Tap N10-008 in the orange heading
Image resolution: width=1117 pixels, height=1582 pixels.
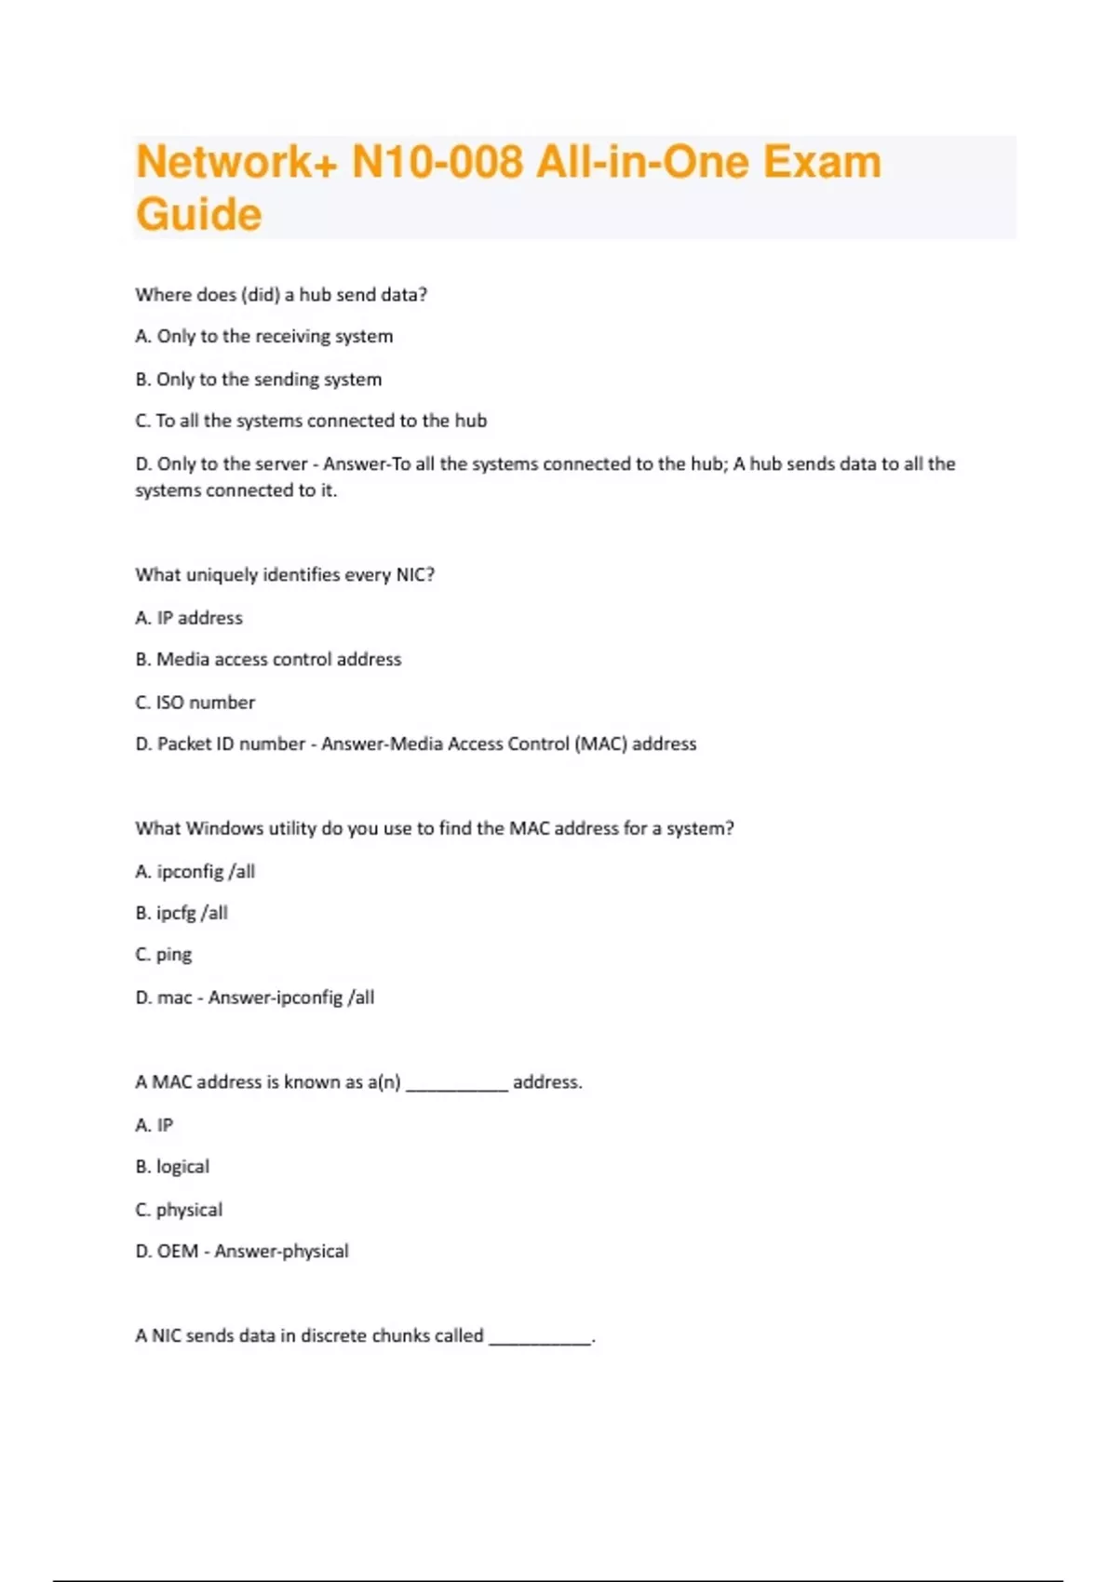click(x=437, y=162)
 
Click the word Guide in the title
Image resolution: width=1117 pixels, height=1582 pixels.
click(x=198, y=215)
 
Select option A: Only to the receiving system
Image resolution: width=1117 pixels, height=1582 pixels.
click(x=264, y=336)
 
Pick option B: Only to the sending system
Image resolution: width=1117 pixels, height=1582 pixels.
click(x=259, y=379)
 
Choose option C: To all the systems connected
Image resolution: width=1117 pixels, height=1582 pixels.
click(x=311, y=421)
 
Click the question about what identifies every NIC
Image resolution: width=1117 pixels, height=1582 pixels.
click(x=285, y=574)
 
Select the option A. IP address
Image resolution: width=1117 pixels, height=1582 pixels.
click(x=189, y=618)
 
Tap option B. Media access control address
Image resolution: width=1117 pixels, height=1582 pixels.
click(x=268, y=659)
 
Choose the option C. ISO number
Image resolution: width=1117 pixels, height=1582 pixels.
click(x=195, y=703)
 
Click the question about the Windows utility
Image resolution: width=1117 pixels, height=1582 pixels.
click(x=435, y=828)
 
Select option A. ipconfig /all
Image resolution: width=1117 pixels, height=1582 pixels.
click(x=195, y=871)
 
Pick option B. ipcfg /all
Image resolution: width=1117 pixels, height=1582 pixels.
click(x=182, y=913)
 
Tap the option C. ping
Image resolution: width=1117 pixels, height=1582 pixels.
click(x=164, y=955)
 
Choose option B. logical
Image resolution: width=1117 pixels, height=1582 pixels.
click(x=172, y=1167)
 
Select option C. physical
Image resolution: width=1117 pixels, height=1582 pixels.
click(x=179, y=1210)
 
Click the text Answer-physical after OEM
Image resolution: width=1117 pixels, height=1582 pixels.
click(x=281, y=1252)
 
